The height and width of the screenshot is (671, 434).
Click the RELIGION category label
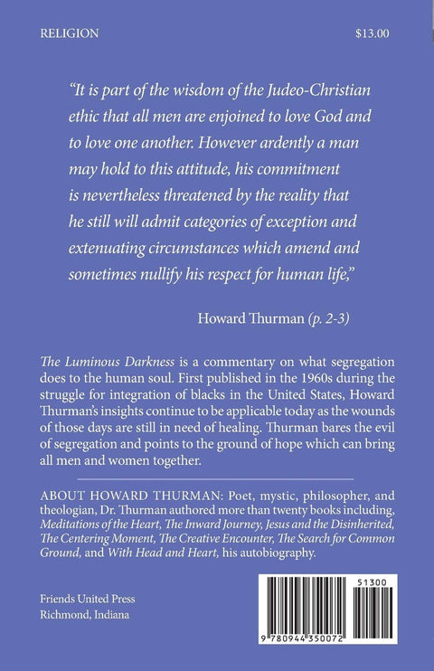70,34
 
